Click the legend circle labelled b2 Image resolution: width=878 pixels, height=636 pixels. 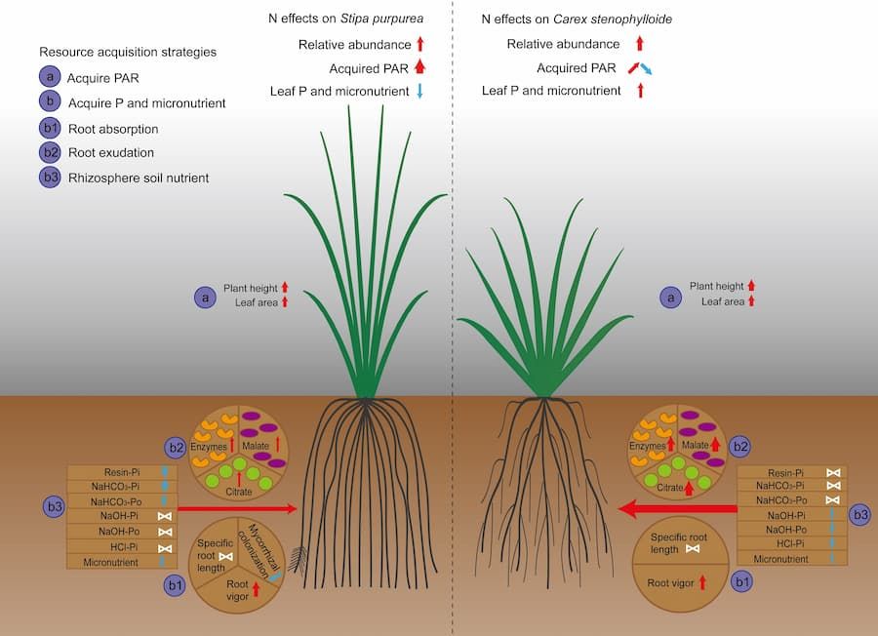[50, 152]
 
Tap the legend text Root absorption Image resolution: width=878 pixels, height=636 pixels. [113, 129]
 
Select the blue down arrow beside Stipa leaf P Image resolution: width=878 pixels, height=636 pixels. [419, 91]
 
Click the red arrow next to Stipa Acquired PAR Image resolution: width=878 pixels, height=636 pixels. [419, 67]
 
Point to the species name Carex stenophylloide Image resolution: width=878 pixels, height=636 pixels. [613, 20]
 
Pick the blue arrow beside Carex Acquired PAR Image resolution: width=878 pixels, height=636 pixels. [646, 69]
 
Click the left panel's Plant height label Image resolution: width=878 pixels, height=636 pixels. [251, 288]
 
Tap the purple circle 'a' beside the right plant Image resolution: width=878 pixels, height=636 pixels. [671, 298]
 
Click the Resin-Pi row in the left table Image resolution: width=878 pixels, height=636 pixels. [122, 472]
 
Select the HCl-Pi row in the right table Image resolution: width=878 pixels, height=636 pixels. [792, 543]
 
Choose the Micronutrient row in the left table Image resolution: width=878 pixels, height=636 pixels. [122, 562]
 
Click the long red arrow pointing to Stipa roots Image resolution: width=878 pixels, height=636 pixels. [237, 508]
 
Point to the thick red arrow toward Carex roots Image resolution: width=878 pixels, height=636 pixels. [678, 509]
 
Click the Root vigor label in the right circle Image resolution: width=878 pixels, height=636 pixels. [670, 582]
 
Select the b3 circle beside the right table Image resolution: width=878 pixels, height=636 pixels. [860, 515]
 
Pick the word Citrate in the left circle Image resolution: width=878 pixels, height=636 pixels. [239, 492]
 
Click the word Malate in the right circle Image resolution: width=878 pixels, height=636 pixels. [696, 445]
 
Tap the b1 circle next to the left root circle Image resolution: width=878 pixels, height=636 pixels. [175, 585]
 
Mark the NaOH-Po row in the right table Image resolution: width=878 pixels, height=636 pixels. [792, 529]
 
